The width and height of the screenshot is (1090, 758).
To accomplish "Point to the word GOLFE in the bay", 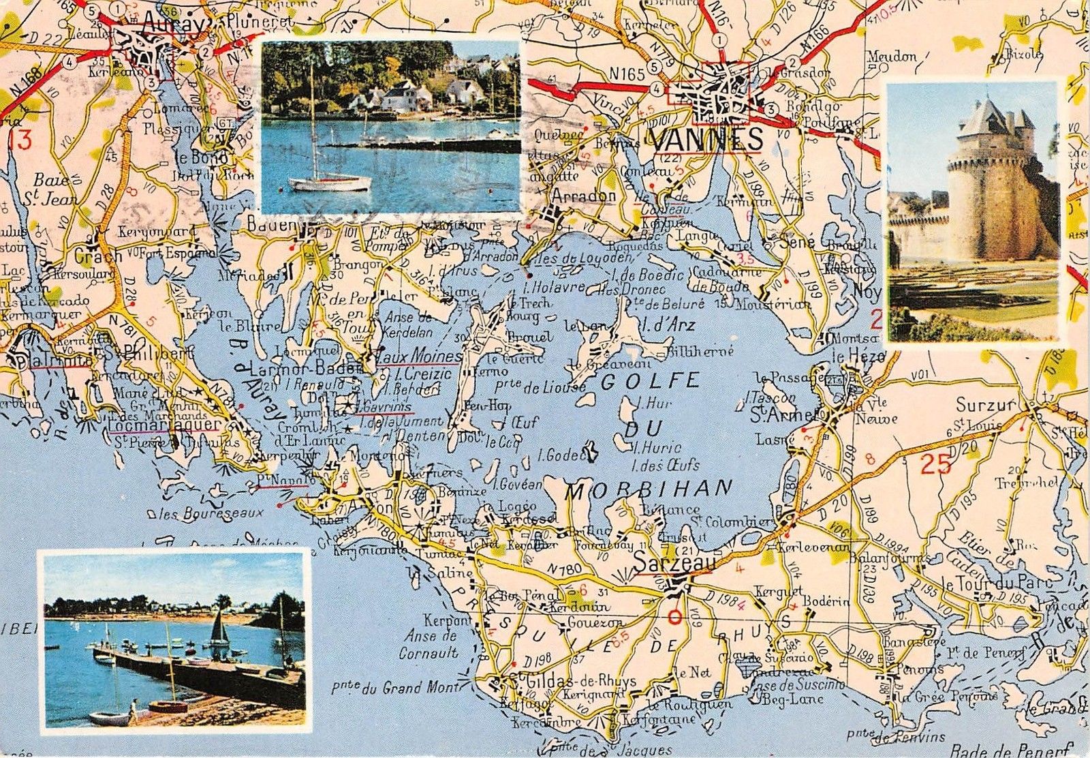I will (x=651, y=381).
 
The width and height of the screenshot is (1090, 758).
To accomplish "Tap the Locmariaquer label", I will (x=163, y=425).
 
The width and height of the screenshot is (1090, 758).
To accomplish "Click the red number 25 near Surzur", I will (x=935, y=465).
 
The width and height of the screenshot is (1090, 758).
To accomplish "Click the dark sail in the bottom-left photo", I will (x=219, y=627).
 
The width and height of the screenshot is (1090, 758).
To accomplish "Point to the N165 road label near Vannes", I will (x=627, y=74).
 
